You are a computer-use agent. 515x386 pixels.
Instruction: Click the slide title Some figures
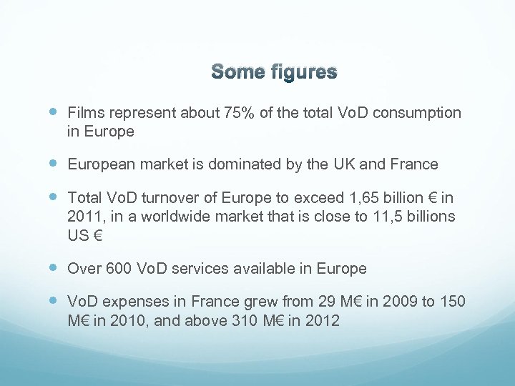point(274,72)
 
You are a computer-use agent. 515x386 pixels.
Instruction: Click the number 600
point(118,269)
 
